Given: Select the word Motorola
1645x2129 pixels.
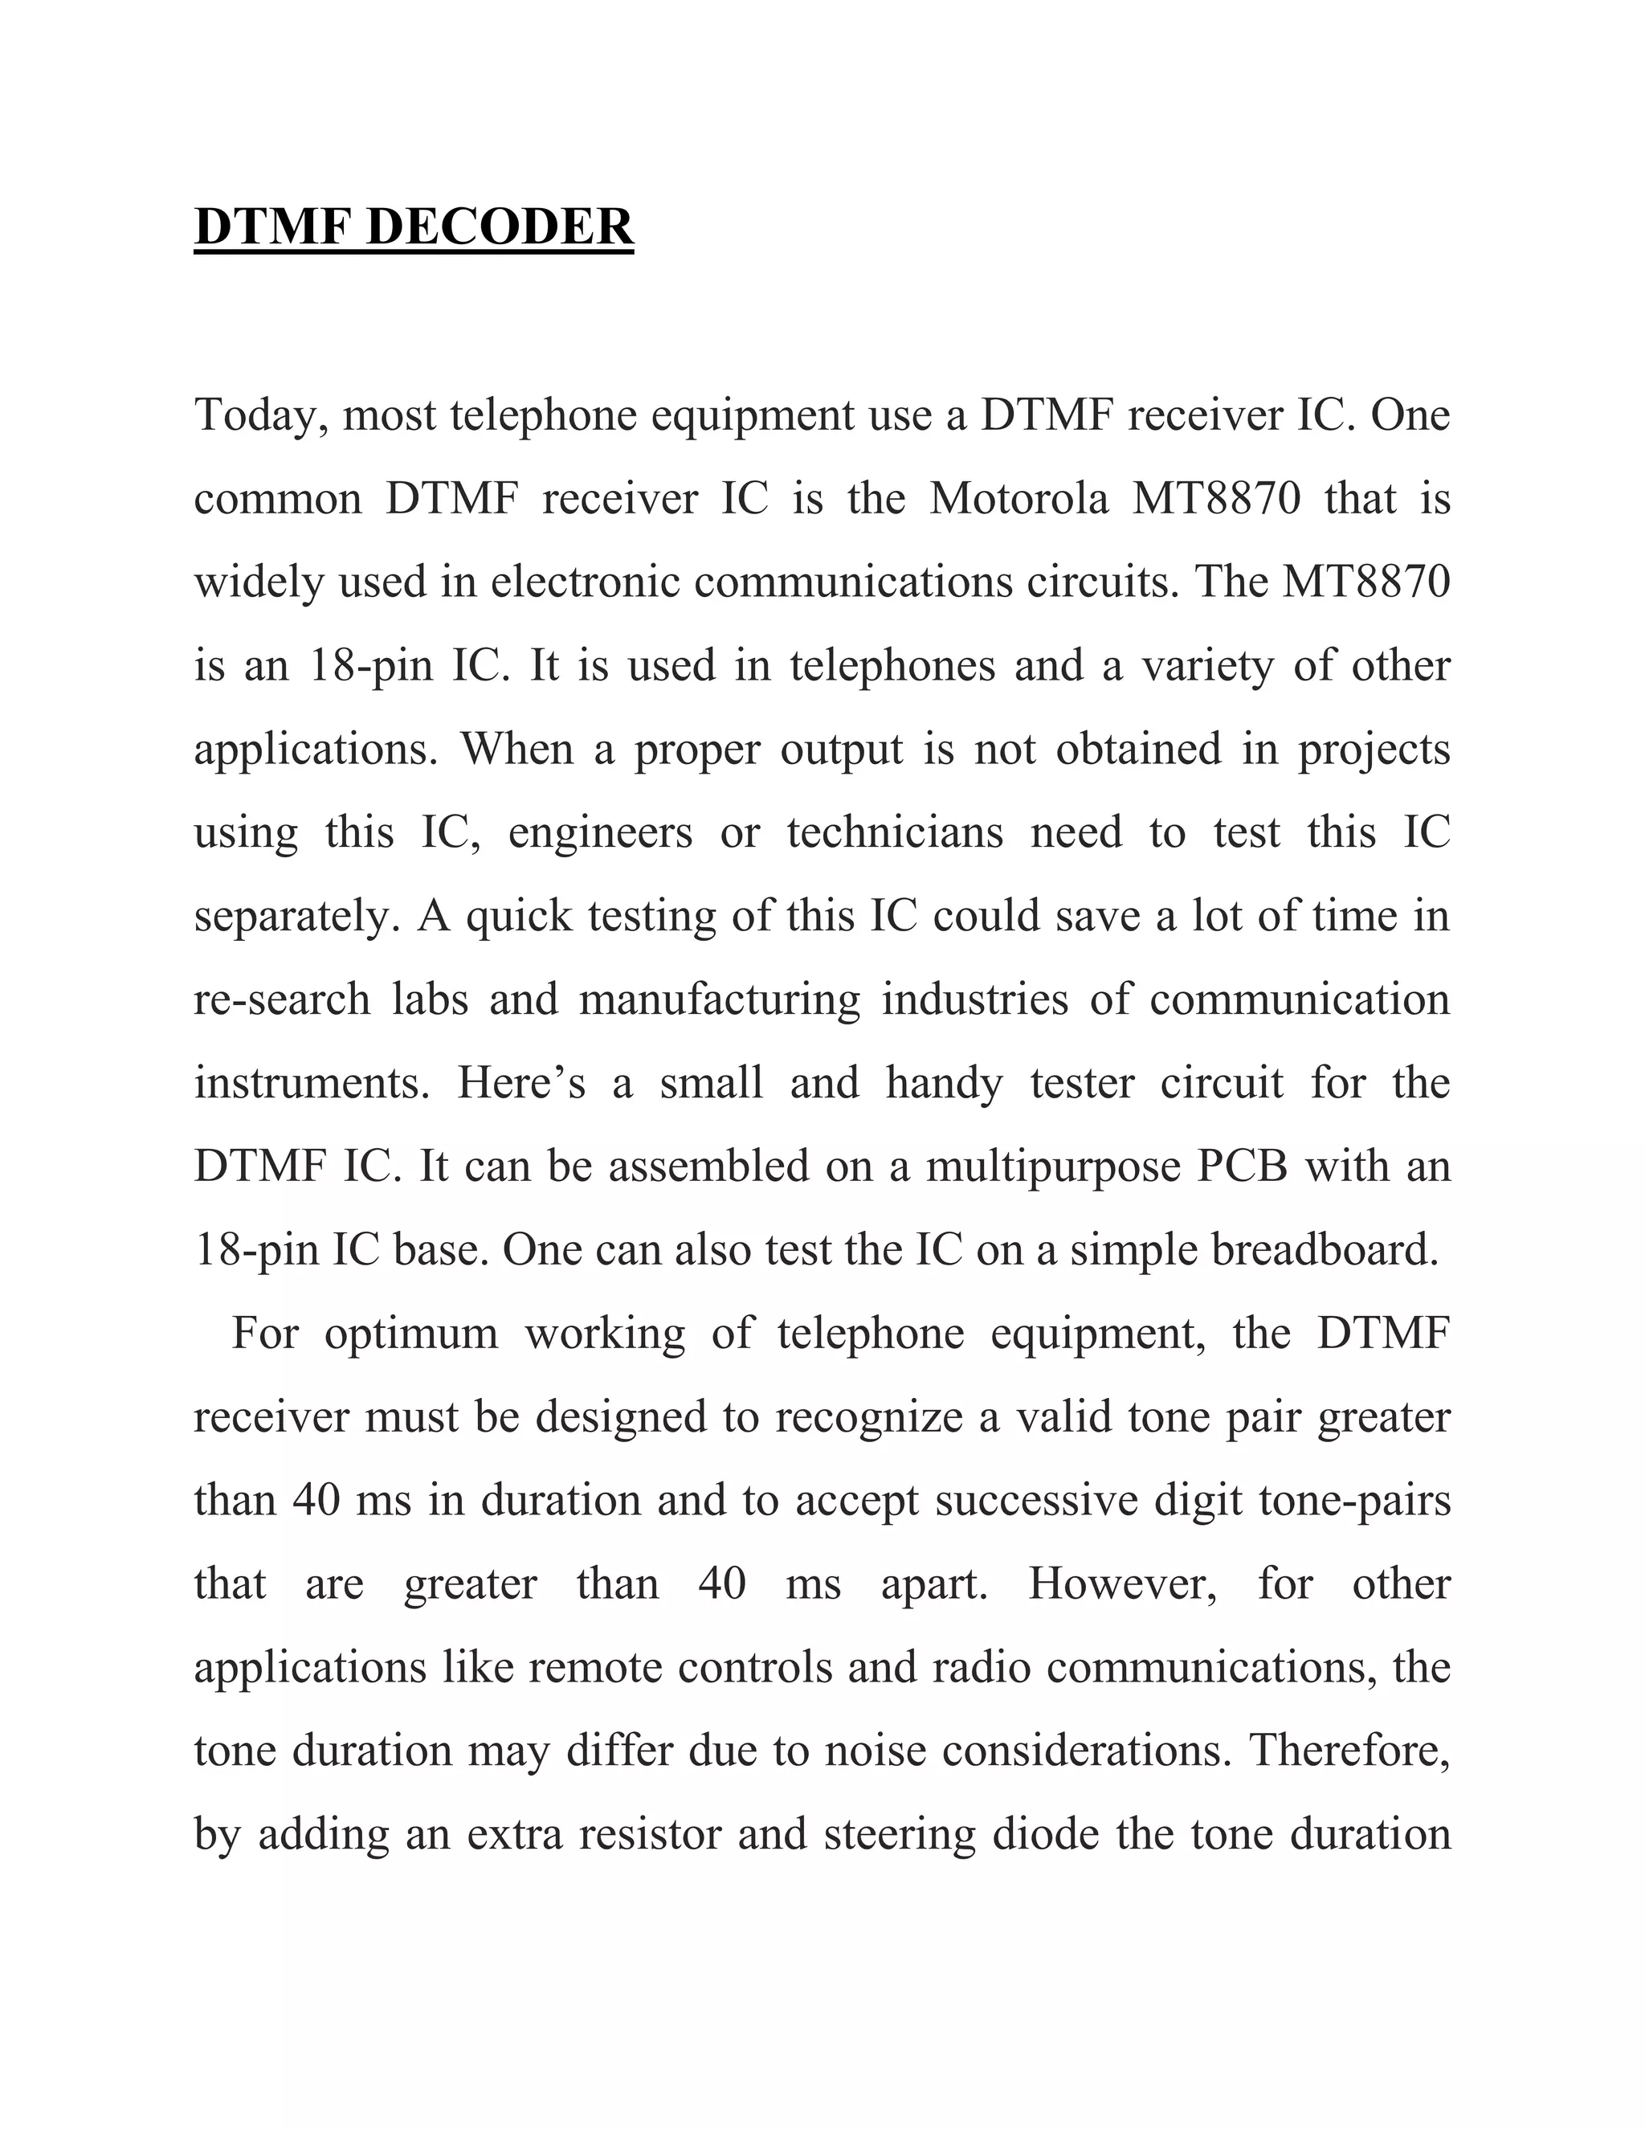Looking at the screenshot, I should click(x=1019, y=499).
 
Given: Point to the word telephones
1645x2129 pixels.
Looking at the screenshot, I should click(x=892, y=667).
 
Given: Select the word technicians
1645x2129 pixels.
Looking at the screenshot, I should click(x=895, y=833).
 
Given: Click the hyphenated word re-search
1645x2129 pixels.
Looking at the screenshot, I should click(x=283, y=1000).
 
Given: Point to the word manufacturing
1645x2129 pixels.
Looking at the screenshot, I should click(x=720, y=1000).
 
